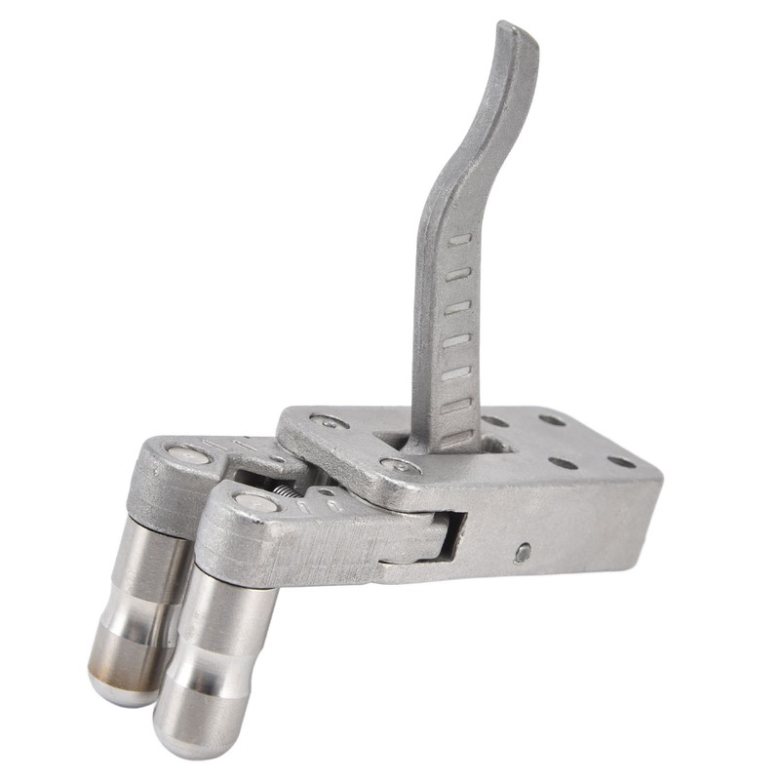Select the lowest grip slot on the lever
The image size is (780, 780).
tap(454, 437)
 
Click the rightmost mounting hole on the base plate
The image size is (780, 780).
tap(621, 461)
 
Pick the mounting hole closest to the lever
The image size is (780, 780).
tap(494, 423)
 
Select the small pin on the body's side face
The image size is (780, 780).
tap(523, 552)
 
